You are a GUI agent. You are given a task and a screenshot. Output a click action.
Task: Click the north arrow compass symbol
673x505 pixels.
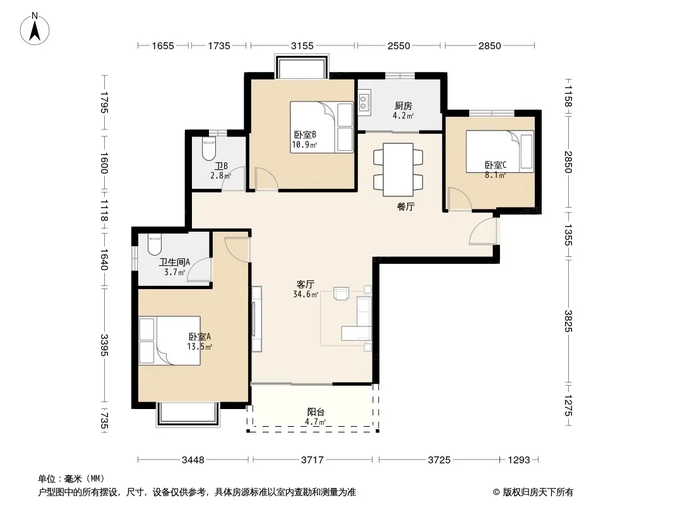(35, 29)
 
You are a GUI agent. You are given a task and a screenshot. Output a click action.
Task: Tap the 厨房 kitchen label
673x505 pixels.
(403, 105)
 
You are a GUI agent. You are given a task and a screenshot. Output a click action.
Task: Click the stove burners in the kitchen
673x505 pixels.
(364, 102)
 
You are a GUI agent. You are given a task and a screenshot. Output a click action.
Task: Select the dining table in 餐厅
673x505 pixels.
(398, 169)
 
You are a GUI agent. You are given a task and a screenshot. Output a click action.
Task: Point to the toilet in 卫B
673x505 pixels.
(209, 148)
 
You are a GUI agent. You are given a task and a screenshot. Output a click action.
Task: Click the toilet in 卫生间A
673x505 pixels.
(154, 244)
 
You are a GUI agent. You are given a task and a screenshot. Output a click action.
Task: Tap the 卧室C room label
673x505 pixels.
(496, 165)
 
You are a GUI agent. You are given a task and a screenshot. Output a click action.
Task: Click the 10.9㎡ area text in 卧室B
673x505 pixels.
(304, 145)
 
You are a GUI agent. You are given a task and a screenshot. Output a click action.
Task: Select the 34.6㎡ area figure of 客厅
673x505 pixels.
(306, 294)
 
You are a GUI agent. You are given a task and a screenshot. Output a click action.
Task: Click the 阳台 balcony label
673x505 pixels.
(316, 412)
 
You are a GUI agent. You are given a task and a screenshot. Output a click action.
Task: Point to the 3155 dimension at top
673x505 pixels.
(302, 45)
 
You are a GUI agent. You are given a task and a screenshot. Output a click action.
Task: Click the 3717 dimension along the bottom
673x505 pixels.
(312, 460)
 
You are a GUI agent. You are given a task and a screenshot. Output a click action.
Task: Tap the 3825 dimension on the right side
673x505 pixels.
(568, 321)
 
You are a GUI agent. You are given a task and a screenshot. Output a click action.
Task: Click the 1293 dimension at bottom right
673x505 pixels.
(519, 460)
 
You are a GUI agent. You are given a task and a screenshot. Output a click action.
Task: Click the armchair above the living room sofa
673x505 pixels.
(341, 294)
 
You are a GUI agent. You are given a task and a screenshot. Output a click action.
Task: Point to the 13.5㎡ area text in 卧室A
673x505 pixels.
(200, 347)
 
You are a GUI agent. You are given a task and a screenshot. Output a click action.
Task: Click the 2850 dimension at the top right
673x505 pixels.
(490, 45)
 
